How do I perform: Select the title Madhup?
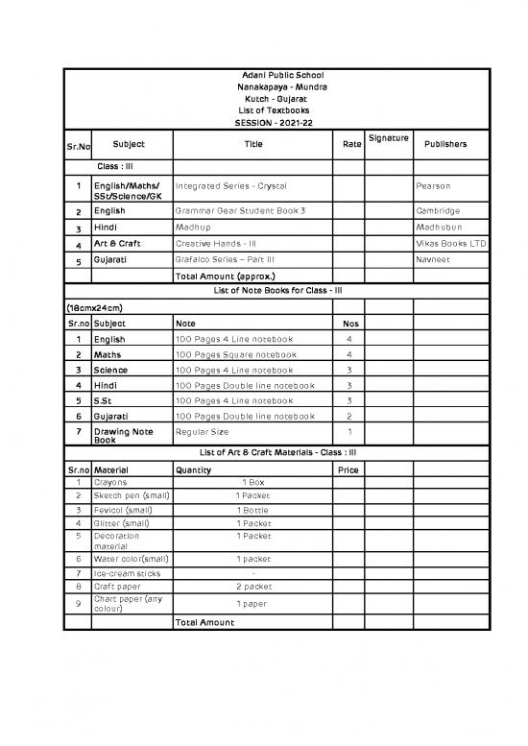pyautogui.click(x=193, y=228)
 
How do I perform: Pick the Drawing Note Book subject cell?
pyautogui.click(x=122, y=437)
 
